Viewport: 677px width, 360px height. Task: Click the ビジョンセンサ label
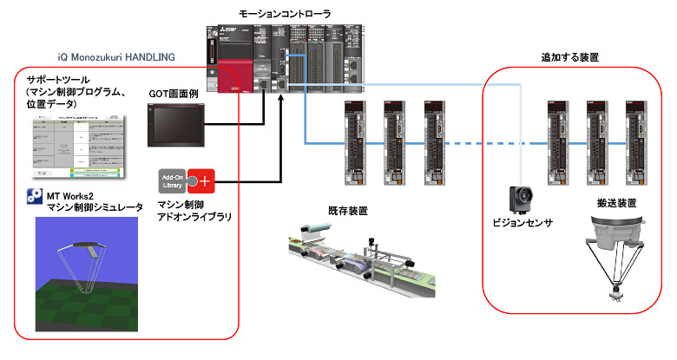pyautogui.click(x=523, y=222)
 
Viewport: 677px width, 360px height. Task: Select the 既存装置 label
pyautogui.click(x=347, y=212)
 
